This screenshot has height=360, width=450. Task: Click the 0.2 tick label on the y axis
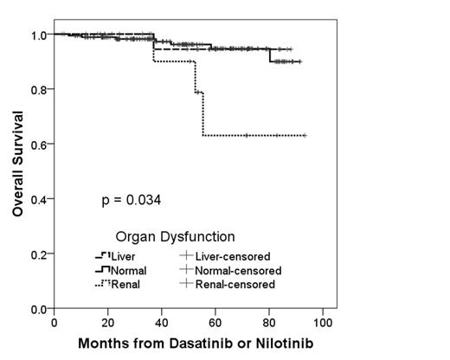point(38,254)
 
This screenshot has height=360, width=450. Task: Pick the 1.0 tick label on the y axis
point(38,35)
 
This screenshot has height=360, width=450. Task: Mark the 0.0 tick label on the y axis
point(38,308)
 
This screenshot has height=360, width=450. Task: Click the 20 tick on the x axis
point(108,322)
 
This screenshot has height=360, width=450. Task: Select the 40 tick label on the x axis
point(162,322)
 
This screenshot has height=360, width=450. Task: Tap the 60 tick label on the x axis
point(215,322)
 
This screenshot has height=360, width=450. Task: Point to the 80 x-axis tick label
point(269,322)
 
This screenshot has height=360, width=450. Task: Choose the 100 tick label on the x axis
point(323,322)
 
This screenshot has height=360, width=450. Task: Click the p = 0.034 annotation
point(132,201)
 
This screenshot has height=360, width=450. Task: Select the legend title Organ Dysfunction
point(175,236)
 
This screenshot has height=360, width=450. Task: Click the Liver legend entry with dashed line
point(116,256)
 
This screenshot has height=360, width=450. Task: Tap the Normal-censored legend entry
point(229,270)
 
